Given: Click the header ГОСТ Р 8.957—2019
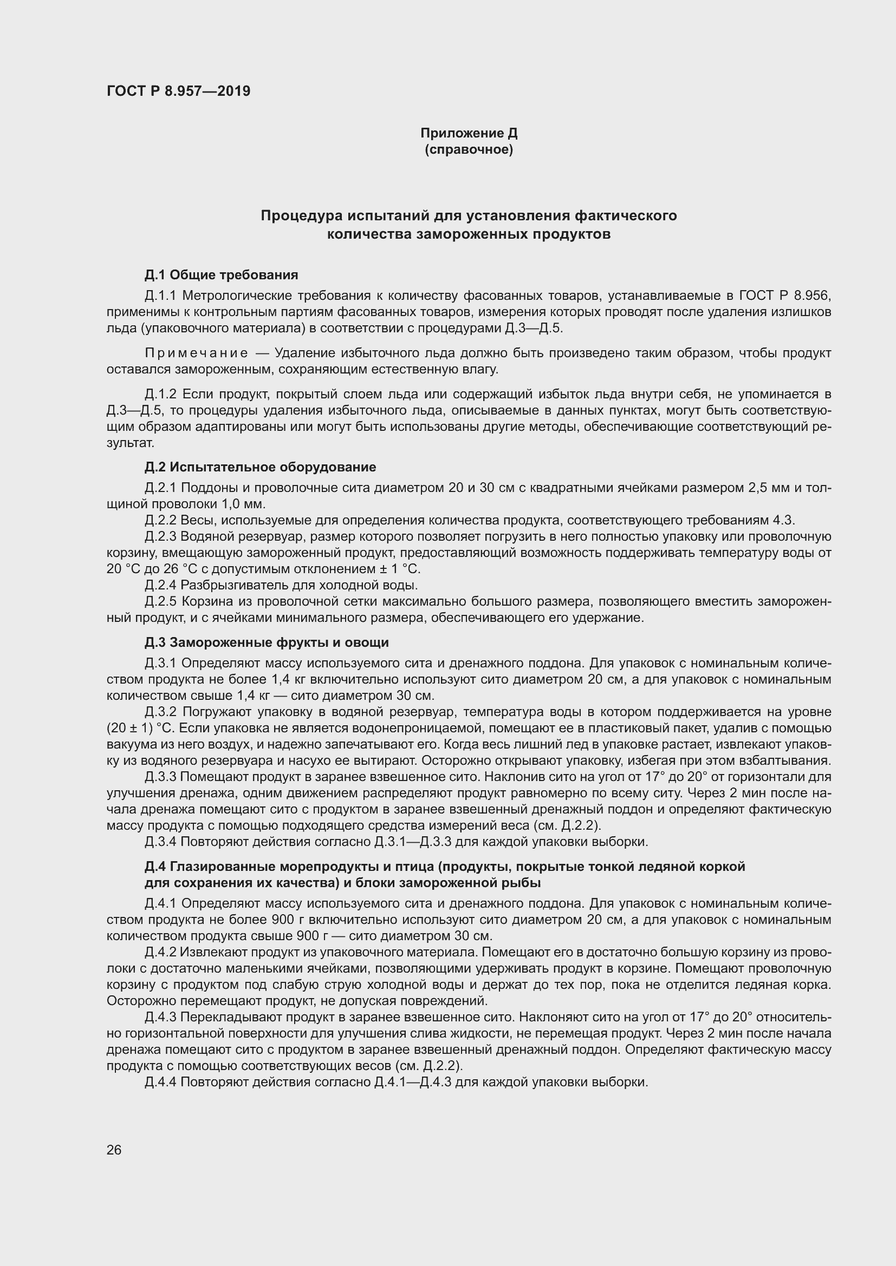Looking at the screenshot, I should pos(178,91).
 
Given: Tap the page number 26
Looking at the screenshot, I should pos(114,1150).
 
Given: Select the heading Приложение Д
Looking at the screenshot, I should pos(469,133).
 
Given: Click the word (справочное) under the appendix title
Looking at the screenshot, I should pos(469,150).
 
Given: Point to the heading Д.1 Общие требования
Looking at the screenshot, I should pos(221,274).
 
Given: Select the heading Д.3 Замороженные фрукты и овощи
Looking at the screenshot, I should pos(267,642).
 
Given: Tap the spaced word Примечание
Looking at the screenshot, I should pos(196,353).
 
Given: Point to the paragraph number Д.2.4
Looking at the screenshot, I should pos(161,585).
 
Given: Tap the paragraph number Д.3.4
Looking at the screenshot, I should pos(161,842).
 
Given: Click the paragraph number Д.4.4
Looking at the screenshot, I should pos(161,1083).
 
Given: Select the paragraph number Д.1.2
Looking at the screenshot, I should pos(161,394).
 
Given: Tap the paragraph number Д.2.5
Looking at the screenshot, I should pos(161,601).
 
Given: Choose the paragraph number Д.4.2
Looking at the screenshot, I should pos(161,952).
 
